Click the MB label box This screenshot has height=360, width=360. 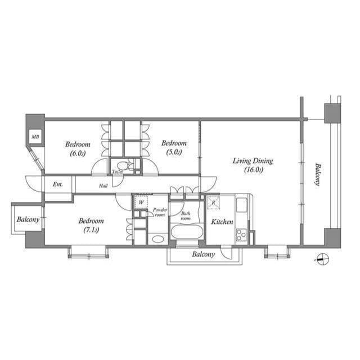(35, 137)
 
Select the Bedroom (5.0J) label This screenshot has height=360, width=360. (173, 147)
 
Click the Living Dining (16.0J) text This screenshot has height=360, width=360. (253, 165)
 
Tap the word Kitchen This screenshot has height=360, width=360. (222, 222)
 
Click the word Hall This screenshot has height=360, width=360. (103, 185)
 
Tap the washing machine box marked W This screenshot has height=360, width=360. (140, 201)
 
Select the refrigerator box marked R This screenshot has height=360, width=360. (214, 202)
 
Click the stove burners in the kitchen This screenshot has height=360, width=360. (241, 235)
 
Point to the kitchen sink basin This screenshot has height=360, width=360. (241, 205)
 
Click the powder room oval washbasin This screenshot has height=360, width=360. (157, 238)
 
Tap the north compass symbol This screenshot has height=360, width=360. (321, 259)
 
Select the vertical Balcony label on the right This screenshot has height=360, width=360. (318, 175)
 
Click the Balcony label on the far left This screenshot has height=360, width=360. (28, 219)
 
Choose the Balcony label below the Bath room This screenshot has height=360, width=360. (203, 254)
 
